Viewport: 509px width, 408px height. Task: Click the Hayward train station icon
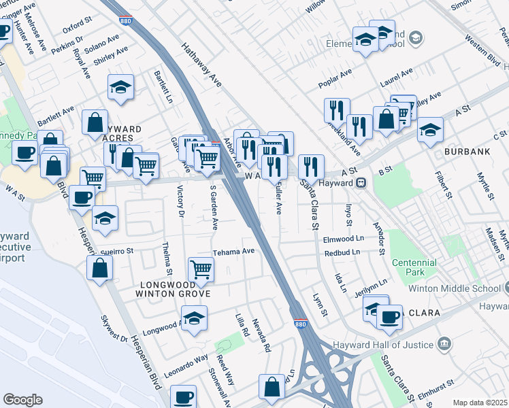[362, 182]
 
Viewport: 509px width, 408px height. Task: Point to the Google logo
[22, 400]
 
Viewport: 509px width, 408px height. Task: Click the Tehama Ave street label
[233, 252]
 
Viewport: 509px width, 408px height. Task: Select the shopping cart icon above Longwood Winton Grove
[201, 269]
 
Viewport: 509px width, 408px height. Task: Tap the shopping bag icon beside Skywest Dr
[100, 267]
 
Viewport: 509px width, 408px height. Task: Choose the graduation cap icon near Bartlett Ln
[120, 87]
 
